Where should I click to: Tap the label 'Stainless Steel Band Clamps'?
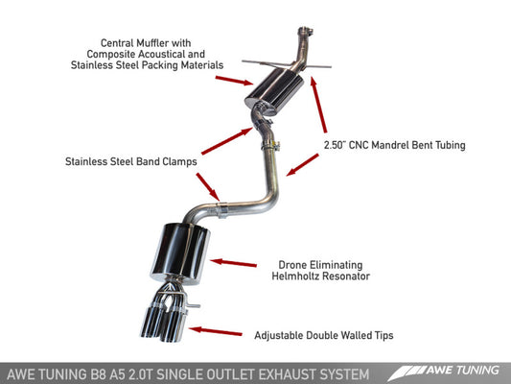click(x=131, y=162)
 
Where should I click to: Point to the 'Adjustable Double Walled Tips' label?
click(x=324, y=335)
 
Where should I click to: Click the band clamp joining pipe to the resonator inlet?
click(x=221, y=207)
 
